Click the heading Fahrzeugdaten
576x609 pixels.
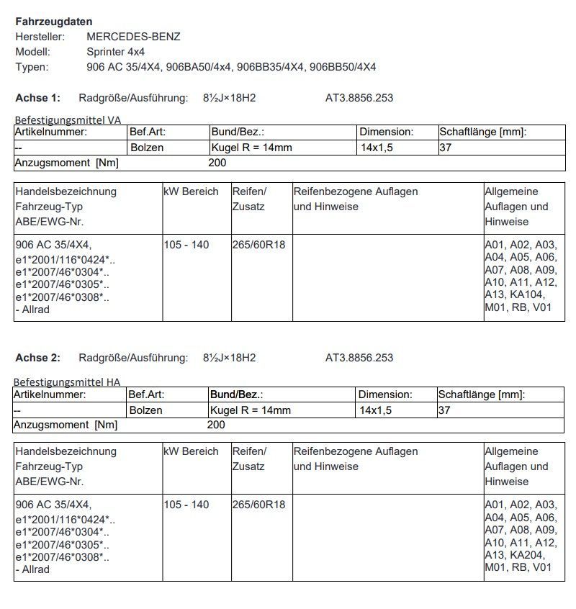[54, 22]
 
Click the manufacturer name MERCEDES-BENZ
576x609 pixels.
[133, 37]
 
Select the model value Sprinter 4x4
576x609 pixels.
[116, 52]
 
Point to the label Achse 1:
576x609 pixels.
[38, 98]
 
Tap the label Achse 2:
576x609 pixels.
[38, 358]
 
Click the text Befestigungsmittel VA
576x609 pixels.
[68, 120]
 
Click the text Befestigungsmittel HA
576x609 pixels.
[68, 382]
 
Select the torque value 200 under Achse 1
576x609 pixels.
[217, 163]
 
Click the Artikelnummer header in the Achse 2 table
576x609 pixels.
[50, 394]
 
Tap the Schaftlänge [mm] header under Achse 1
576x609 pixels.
[482, 132]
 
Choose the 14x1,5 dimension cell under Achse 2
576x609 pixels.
[375, 410]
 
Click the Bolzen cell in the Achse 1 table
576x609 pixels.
[147, 148]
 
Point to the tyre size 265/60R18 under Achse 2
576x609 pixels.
[258, 505]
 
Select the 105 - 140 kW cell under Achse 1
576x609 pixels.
[186, 245]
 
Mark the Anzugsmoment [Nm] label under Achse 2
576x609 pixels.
[66, 425]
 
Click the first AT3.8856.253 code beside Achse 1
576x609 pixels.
[359, 98]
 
